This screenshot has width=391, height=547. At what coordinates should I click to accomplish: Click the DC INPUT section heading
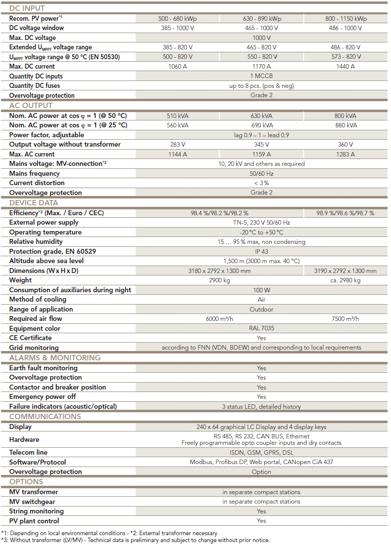pyautogui.click(x=27, y=8)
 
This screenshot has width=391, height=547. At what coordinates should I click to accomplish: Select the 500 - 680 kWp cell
pyautogui.click(x=178, y=19)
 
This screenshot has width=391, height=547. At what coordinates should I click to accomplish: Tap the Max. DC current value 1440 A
pyautogui.click(x=346, y=67)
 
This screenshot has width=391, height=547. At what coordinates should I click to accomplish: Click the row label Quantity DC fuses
pyautogui.click(x=35, y=86)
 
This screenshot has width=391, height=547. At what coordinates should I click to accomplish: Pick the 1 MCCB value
pyautogui.click(x=261, y=77)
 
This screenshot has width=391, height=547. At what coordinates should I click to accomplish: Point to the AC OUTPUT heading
pyautogui.click(x=31, y=106)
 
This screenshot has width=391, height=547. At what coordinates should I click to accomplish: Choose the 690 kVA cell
pyautogui.click(x=261, y=125)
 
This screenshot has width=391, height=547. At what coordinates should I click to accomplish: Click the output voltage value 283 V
pyautogui.click(x=178, y=145)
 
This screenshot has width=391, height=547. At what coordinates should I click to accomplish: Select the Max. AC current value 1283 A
pyautogui.click(x=346, y=155)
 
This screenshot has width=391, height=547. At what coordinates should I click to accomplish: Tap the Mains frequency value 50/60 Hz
pyautogui.click(x=261, y=174)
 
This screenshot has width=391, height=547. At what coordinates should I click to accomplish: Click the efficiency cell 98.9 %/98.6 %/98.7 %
pyautogui.click(x=345, y=213)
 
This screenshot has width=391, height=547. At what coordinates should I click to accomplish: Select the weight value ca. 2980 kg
pyautogui.click(x=345, y=280)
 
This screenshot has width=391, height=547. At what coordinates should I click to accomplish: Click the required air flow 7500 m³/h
pyautogui.click(x=345, y=319)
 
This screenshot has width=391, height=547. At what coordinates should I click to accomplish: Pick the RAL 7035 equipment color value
pyautogui.click(x=261, y=328)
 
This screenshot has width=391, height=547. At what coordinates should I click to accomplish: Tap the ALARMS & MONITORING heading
pyautogui.click(x=55, y=358)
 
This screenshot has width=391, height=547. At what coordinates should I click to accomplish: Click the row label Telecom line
pyautogui.click(x=29, y=453)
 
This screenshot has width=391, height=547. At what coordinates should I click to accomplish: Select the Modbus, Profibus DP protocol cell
pyautogui.click(x=261, y=463)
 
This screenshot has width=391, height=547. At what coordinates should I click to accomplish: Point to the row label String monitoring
pyautogui.click(x=36, y=511)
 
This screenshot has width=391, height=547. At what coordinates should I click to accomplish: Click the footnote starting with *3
pyautogui.click(x=136, y=540)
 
